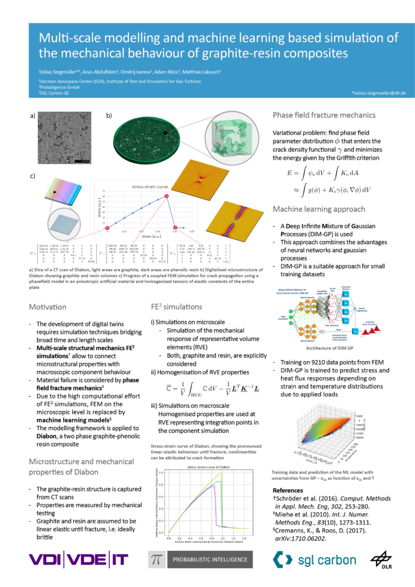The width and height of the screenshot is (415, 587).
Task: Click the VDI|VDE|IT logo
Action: click(x=79, y=559)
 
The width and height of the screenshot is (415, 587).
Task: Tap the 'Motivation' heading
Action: click(x=51, y=307)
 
